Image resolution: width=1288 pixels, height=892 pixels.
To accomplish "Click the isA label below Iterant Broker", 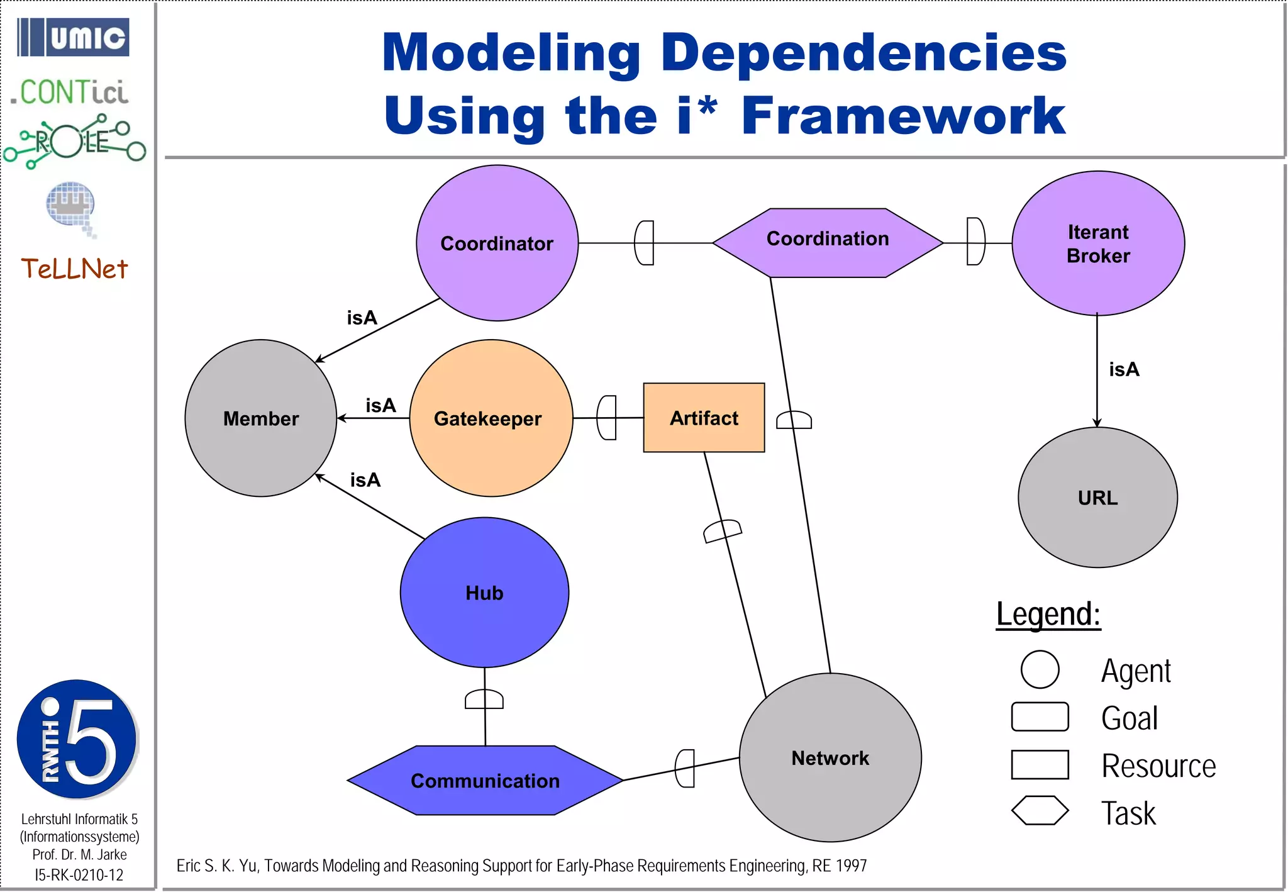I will [x=1124, y=369].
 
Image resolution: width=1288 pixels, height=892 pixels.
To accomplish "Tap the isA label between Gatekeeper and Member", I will [x=380, y=406].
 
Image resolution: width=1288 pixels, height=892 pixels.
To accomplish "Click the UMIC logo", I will [x=74, y=38].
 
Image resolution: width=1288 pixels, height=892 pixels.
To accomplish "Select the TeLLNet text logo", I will [x=74, y=269].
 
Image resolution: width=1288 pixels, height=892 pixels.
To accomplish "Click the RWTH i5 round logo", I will [x=77, y=740].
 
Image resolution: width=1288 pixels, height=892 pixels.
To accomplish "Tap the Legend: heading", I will [x=1048, y=614].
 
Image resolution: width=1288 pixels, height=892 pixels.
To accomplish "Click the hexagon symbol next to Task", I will [x=1040, y=810].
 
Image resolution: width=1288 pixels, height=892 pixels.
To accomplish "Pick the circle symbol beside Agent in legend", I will [x=1040, y=669].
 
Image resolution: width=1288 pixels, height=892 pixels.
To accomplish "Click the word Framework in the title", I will [x=903, y=116].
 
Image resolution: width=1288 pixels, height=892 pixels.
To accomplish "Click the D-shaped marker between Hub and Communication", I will [x=484, y=699].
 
